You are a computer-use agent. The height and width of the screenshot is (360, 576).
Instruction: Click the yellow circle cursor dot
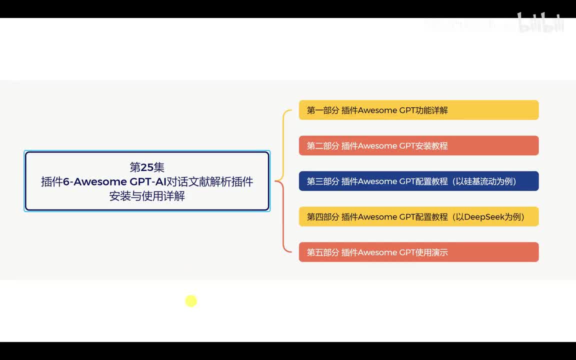[x=191, y=301]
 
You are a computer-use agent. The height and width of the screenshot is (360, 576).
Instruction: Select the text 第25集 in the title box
[x=147, y=167]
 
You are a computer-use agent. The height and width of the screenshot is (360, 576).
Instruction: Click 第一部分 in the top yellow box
[x=322, y=110]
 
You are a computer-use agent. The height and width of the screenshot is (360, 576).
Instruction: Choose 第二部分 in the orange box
[x=322, y=146]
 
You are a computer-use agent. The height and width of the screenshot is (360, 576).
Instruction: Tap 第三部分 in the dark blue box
[x=322, y=181]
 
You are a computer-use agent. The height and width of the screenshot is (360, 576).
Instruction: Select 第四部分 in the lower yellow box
[x=322, y=217]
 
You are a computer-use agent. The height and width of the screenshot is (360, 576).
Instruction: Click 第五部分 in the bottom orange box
[x=322, y=252]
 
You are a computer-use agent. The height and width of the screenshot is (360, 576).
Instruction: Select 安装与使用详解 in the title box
[x=147, y=196]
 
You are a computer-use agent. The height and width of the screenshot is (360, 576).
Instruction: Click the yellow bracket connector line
[x=284, y=145]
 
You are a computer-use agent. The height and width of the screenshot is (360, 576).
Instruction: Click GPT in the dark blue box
[x=406, y=181]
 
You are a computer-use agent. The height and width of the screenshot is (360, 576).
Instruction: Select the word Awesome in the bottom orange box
[x=377, y=252]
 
